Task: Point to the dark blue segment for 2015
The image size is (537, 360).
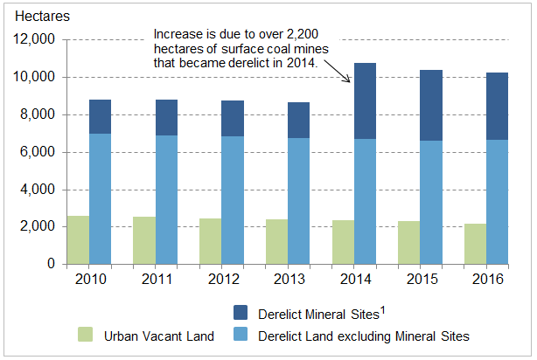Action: [x=431, y=105]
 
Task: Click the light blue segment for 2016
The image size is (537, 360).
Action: [x=497, y=201]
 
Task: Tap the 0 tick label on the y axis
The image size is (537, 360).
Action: [x=52, y=264]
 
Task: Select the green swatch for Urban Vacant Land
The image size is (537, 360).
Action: [x=86, y=335]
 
